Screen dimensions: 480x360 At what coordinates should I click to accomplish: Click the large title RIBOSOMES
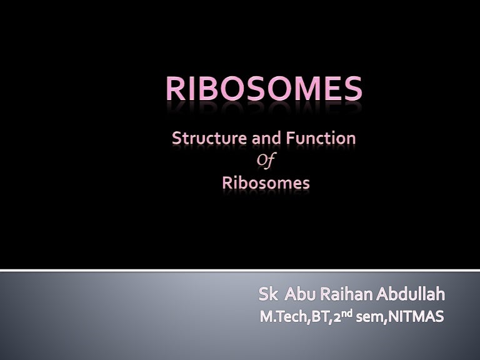click(x=264, y=89)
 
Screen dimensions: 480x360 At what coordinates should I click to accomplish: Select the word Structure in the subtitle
click(x=209, y=138)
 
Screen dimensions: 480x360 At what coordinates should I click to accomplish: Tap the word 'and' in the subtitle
click(x=266, y=138)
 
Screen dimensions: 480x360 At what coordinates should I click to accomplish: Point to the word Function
click(x=321, y=138)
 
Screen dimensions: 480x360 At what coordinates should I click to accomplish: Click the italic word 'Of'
click(x=266, y=161)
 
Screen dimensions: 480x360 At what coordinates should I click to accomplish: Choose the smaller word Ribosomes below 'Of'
click(x=266, y=183)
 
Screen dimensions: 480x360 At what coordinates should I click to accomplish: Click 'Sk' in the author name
click(x=269, y=294)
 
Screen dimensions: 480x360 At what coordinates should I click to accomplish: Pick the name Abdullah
click(x=411, y=294)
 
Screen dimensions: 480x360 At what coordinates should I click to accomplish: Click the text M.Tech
click(x=284, y=316)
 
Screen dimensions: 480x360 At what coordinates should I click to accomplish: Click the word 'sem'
click(x=370, y=317)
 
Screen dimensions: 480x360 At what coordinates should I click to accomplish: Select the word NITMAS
click(x=416, y=316)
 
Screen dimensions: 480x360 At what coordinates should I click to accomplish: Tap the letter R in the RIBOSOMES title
click(x=176, y=89)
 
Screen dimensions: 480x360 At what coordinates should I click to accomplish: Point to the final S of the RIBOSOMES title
click(x=352, y=89)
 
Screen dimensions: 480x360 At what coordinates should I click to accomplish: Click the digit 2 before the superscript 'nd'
click(x=337, y=317)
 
